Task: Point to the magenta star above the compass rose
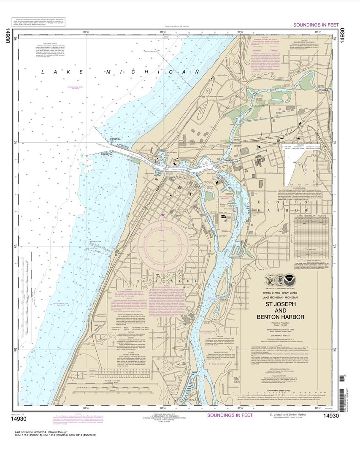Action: pos(163,215)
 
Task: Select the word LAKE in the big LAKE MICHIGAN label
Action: pos(50,73)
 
